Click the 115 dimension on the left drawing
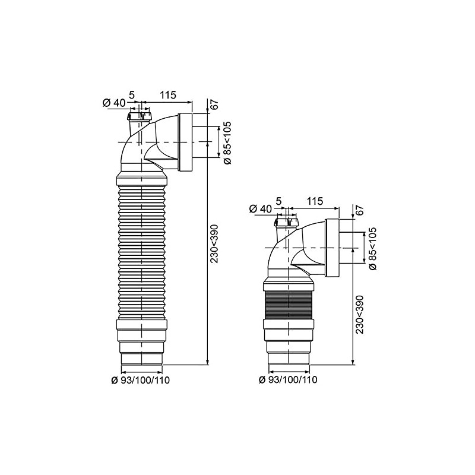click(168, 95)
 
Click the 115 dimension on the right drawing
click(315, 201)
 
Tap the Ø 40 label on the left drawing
click(114, 103)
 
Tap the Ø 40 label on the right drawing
click(261, 209)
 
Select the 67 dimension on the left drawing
click(214, 104)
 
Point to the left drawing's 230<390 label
click(214, 243)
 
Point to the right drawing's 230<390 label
click(359, 315)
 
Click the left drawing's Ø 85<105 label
click(227, 142)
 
